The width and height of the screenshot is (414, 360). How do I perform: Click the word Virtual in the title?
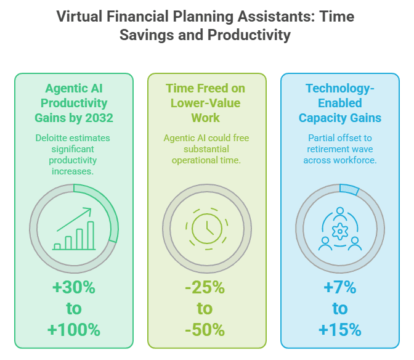[x=79, y=17]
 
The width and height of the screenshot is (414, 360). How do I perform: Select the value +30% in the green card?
[x=74, y=287]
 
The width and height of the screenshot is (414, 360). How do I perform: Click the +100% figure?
[x=74, y=330]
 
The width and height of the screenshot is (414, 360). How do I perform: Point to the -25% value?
[x=205, y=287]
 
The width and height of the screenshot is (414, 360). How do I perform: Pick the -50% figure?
[x=205, y=330]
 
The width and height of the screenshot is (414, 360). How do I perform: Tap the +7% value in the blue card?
[x=340, y=287]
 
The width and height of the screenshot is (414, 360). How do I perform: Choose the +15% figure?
[x=340, y=330]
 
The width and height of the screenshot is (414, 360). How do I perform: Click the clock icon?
[x=207, y=229]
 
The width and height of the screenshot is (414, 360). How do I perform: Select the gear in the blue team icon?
[x=340, y=231]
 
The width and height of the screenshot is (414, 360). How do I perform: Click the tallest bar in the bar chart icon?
[x=91, y=235]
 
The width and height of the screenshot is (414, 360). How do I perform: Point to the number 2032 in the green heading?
[x=99, y=118]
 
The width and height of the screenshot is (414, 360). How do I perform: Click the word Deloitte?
[x=51, y=138]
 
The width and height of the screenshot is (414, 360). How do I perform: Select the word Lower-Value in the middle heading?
[x=205, y=103]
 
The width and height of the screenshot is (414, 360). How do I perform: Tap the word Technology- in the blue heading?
[x=340, y=89]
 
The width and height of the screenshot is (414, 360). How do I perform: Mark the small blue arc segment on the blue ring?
[x=349, y=189]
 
